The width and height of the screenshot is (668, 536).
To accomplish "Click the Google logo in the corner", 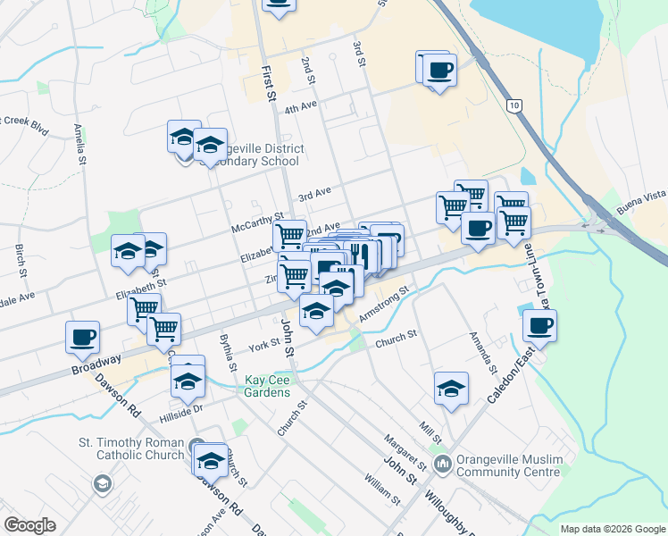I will [30, 525].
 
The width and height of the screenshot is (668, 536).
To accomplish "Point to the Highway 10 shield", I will [512, 105].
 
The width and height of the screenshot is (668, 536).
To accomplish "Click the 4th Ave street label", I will [301, 108].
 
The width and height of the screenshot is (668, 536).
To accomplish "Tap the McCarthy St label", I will [257, 216].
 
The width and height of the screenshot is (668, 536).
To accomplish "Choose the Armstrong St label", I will [383, 305].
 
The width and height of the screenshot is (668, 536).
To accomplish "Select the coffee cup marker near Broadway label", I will [82, 337].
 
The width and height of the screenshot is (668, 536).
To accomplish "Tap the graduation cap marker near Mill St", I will [451, 389].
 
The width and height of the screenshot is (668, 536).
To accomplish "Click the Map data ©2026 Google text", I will [613, 529].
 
